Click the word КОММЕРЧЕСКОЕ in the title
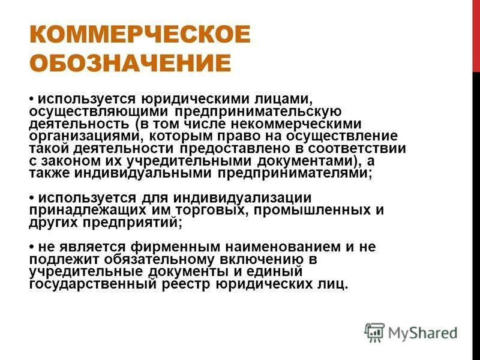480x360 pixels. tap(140, 34)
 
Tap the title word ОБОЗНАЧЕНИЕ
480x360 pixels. tap(130, 63)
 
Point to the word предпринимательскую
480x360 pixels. tap(258, 112)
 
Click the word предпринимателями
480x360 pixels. tap(293, 173)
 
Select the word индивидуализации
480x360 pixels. tap(242, 198)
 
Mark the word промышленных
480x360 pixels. tap(310, 211)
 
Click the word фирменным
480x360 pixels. tap(175, 247)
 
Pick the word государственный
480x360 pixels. tap(92, 284)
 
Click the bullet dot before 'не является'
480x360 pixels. tap(32, 247)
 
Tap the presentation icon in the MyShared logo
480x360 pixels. tap(374, 332)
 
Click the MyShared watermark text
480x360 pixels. tap(423, 334)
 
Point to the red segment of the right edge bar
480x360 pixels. tap(476, 36)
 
